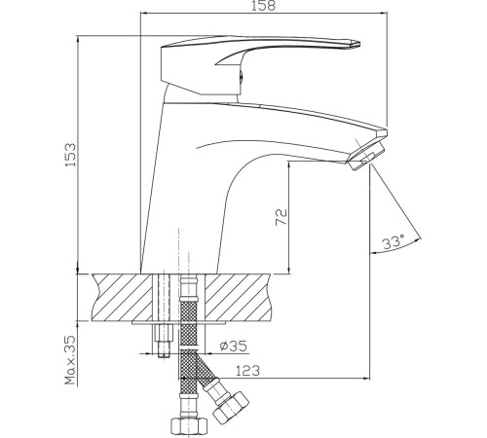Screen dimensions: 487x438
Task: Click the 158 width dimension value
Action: (x=263, y=6)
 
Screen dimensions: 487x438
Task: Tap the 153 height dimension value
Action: (x=71, y=155)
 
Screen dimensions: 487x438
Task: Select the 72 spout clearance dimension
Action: (x=281, y=217)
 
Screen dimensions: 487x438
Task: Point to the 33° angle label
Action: (x=393, y=242)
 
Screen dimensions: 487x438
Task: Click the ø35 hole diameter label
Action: (x=233, y=346)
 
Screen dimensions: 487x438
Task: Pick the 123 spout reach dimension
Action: (x=247, y=371)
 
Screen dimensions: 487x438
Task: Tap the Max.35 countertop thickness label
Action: (x=70, y=360)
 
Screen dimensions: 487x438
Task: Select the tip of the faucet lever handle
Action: (x=359, y=44)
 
